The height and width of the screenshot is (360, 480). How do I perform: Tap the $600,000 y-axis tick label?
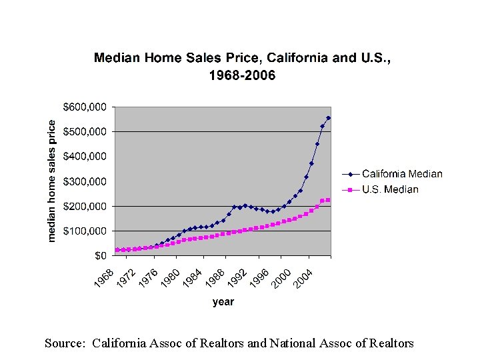pyautogui.click(x=85, y=107)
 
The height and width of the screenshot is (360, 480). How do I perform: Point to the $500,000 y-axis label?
pyautogui.click(x=85, y=131)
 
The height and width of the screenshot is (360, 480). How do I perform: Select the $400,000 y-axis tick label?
pyautogui.click(x=85, y=156)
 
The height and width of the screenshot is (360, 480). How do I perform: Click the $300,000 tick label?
pyautogui.click(x=85, y=181)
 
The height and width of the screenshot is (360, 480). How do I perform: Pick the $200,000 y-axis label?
pyautogui.click(x=85, y=206)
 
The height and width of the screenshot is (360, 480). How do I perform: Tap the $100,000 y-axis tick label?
pyautogui.click(x=85, y=231)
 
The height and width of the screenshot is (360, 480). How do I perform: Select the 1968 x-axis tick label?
pyautogui.click(x=104, y=278)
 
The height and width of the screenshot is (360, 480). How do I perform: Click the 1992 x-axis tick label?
pyautogui.click(x=237, y=278)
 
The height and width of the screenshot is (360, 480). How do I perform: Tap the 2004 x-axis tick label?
pyautogui.click(x=303, y=278)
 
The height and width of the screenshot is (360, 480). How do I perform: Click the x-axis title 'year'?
pyautogui.click(x=223, y=302)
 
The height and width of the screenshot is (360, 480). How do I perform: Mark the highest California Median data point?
pyautogui.click(x=329, y=118)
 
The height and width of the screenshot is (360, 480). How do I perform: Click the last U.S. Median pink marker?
pyautogui.click(x=328, y=200)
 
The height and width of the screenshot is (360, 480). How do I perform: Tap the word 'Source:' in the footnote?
pyautogui.click(x=65, y=343)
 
